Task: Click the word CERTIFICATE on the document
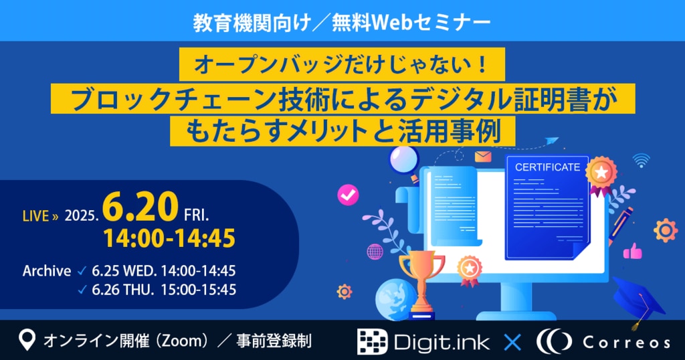tap(547, 167)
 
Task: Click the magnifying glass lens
tap(403, 159)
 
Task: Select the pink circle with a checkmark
tap(348, 195)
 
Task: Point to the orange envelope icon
tap(483, 157)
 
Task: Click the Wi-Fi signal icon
tap(641, 161)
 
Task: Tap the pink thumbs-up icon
tap(632, 251)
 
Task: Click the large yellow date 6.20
tap(140, 207)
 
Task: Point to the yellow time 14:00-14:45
tap(169, 238)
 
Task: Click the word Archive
tap(47, 271)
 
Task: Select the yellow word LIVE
tap(35, 216)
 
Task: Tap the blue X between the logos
tap(512, 342)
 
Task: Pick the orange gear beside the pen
tap(666, 230)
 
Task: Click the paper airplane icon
tap(552, 141)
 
